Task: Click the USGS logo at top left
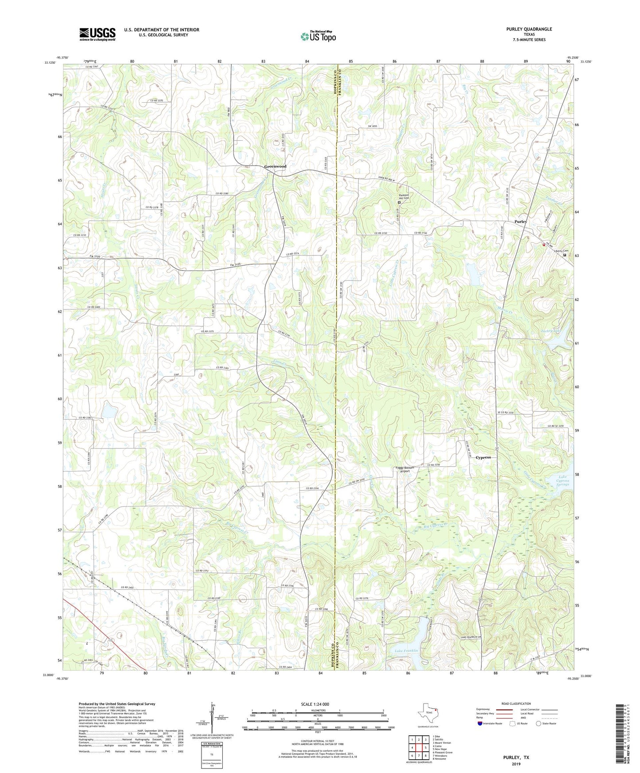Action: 97,34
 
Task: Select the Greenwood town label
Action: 275,166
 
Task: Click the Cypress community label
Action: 483,457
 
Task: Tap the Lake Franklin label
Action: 406,650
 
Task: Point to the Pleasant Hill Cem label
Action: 403,197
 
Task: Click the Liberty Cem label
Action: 561,251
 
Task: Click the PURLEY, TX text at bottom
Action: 516,758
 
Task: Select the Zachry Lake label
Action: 551,331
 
